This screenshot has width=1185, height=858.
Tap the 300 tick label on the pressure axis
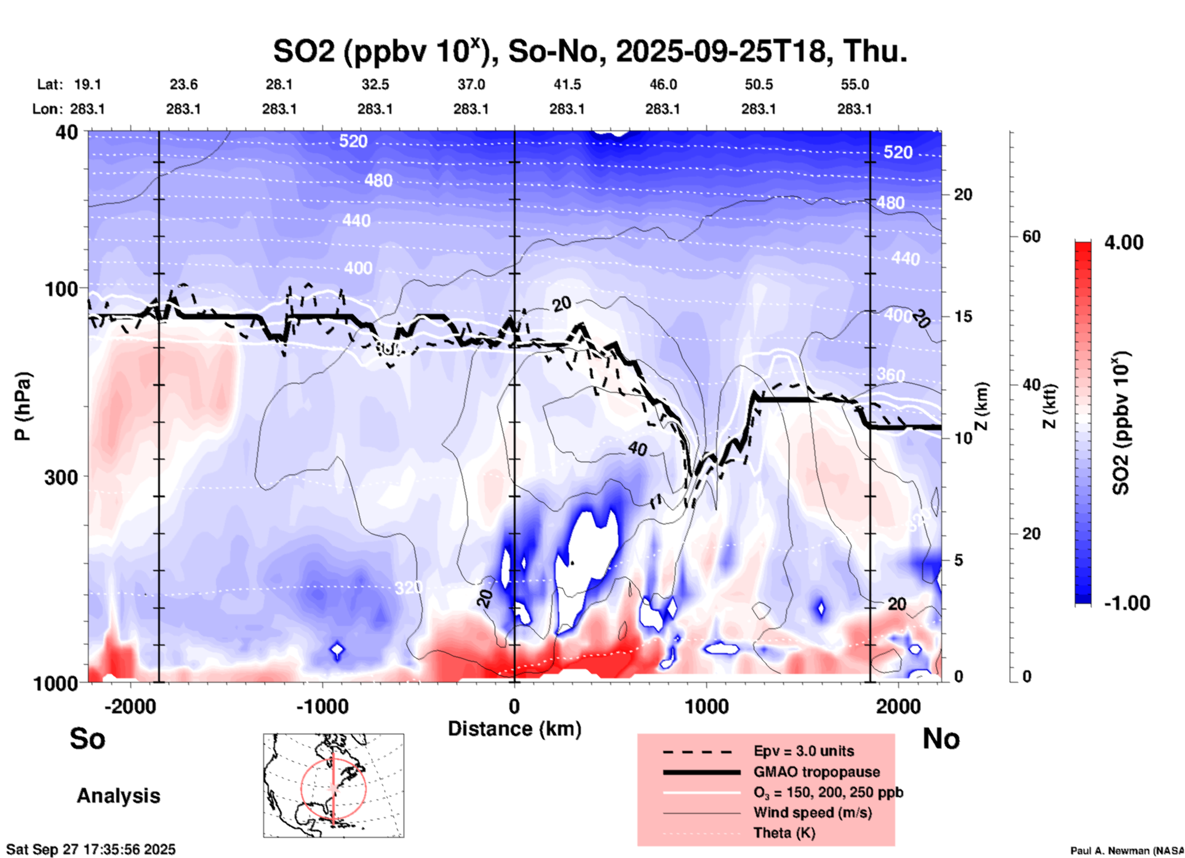click(62, 477)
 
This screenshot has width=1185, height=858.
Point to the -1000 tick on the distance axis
click(322, 706)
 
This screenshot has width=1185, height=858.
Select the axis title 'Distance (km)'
click(514, 729)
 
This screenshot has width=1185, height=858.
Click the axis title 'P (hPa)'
click(23, 406)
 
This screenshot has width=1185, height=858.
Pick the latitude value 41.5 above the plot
click(567, 84)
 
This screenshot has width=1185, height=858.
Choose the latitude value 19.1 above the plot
click(87, 84)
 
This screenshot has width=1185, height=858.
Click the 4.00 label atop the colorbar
click(1123, 243)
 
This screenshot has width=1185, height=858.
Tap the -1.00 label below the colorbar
click(1127, 603)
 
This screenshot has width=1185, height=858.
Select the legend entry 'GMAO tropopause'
click(816, 772)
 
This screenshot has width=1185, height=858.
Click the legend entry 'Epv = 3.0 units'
click(804, 751)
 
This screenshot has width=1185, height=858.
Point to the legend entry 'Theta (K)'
click(784, 833)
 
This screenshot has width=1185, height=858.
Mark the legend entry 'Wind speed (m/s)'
click(812, 812)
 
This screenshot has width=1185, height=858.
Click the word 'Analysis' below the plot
click(118, 796)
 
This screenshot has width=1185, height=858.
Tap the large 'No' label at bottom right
click(941, 739)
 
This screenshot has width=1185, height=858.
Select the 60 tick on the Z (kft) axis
click(1031, 236)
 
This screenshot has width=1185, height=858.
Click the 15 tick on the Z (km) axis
click(963, 316)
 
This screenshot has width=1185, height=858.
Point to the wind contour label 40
click(637, 449)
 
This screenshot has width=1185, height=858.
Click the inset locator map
click(333, 785)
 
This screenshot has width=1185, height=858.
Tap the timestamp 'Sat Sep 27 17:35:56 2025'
click(91, 849)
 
